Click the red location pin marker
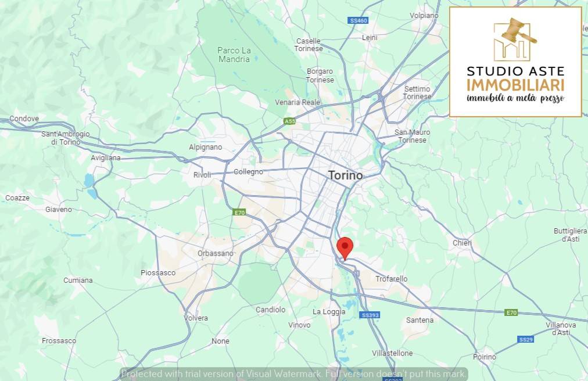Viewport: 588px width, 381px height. [x=345, y=246]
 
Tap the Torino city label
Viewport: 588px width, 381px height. [x=345, y=175]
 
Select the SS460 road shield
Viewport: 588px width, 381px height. [x=358, y=21]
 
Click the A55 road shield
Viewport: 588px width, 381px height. [x=289, y=121]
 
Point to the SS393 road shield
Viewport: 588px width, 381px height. [x=370, y=315]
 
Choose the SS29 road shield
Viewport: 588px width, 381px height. [x=525, y=339]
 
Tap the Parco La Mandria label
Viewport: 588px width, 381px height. [x=234, y=55]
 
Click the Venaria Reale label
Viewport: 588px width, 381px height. [x=297, y=102]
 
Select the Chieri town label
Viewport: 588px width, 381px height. [x=462, y=243]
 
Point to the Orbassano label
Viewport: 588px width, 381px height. [x=215, y=253]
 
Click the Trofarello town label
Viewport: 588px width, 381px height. [x=391, y=279]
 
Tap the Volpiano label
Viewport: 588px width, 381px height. [x=424, y=15]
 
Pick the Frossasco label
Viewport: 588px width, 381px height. [x=59, y=340]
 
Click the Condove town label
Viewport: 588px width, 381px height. [x=24, y=118]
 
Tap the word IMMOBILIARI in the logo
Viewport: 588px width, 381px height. [x=515, y=85]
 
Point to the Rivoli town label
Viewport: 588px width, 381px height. [x=202, y=175]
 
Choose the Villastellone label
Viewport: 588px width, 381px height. [x=392, y=353]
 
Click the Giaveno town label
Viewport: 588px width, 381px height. [x=59, y=209]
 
